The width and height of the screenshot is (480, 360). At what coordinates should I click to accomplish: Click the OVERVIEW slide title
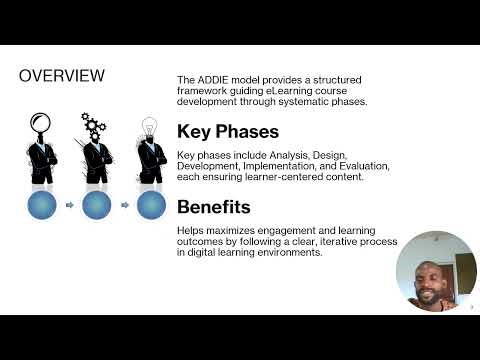click(x=62, y=75)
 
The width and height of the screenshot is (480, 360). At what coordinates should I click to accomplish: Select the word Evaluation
click(x=360, y=166)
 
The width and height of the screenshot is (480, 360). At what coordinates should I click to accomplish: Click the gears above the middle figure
click(x=95, y=125)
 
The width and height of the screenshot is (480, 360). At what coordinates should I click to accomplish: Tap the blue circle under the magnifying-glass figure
click(x=44, y=205)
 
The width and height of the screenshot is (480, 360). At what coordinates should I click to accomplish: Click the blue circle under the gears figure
click(x=96, y=205)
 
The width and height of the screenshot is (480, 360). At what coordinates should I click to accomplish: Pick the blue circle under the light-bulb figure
click(x=150, y=205)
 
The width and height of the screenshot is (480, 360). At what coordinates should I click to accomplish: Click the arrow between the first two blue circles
click(x=70, y=206)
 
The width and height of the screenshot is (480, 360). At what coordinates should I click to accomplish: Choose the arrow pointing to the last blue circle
click(x=123, y=206)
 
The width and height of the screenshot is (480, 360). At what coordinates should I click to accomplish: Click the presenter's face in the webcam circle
click(x=436, y=275)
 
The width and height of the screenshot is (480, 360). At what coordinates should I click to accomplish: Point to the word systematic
click(x=320, y=101)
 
